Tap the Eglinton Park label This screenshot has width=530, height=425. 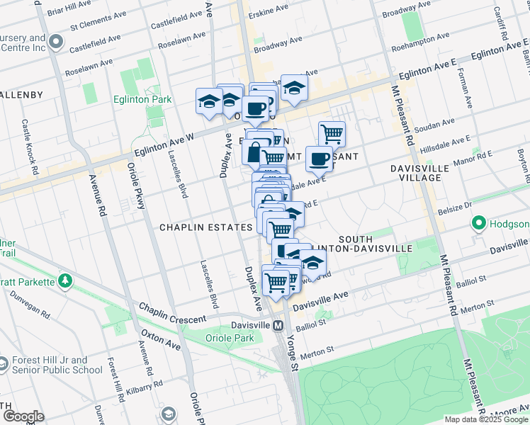(142, 100)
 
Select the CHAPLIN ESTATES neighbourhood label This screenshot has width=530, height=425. (205, 227)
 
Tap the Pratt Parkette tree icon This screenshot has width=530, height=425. (65, 282)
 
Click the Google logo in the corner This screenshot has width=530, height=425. (23, 416)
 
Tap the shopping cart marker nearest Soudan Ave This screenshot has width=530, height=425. (332, 133)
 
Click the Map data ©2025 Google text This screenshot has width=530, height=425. (485, 419)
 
